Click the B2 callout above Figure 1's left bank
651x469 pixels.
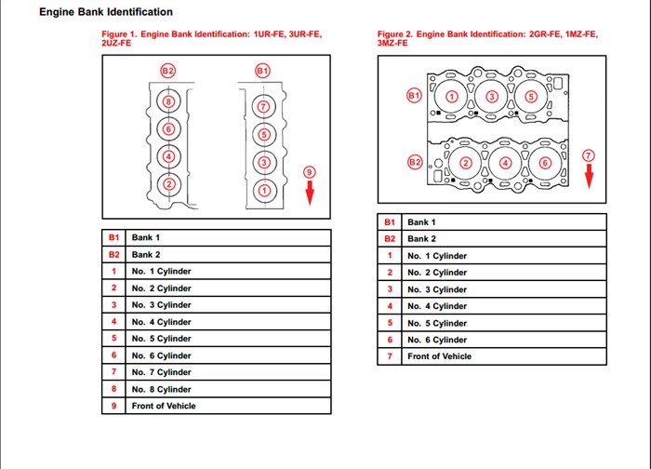[x=167, y=71]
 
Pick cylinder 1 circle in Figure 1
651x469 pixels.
[x=262, y=190]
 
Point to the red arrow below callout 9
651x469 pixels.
[x=310, y=192]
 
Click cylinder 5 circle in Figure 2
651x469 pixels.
[x=532, y=97]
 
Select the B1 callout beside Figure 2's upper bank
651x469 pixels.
[x=415, y=95]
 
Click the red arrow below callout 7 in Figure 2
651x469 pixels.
[x=588, y=175]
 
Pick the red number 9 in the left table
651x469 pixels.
[x=113, y=406]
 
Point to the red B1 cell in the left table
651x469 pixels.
[x=113, y=237]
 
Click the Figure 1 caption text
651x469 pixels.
[x=211, y=38]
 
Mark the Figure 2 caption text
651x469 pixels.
[x=487, y=38]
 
